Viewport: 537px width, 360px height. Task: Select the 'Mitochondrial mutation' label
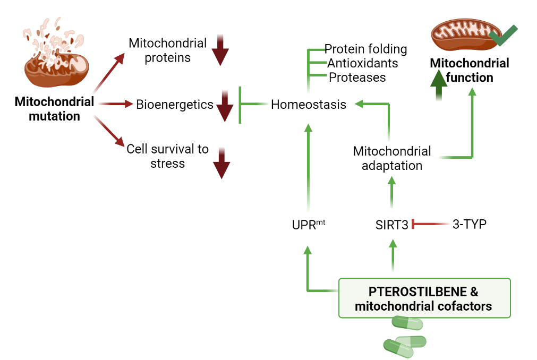pos(54,109)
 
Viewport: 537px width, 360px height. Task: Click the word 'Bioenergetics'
pos(175,105)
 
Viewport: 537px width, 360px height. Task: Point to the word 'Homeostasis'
pos(308,105)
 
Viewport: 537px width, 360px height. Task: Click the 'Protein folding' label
pos(365,49)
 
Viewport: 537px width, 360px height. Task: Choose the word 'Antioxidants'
pos(362,63)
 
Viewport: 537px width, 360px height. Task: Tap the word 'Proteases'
pos(357,77)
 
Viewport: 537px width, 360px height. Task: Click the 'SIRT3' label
pos(391,225)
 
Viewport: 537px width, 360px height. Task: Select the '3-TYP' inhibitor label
pos(469,224)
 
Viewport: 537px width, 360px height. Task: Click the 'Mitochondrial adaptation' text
pos(392,158)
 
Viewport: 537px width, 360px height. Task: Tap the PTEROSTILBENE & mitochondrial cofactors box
pos(424,298)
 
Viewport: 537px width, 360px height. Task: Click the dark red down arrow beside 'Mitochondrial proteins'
pos(220,51)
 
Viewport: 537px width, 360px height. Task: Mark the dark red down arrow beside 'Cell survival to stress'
pos(221,164)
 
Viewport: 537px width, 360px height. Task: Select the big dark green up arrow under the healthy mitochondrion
pos(439,85)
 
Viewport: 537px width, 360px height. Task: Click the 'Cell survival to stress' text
pos(167,156)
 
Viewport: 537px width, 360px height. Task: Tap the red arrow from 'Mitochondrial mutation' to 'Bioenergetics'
pos(114,104)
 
